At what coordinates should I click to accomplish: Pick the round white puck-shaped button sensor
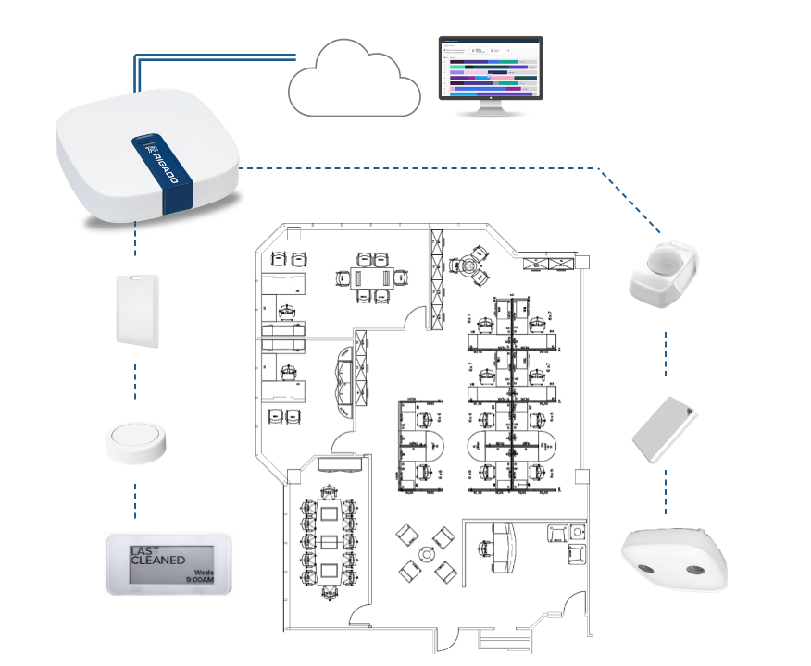coord(135,442)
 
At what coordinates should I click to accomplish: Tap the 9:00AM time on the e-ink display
coord(199,579)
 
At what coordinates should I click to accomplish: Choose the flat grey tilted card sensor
coord(664,428)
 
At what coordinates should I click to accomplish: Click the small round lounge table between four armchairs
coord(426,554)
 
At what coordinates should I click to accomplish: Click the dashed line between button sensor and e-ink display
coord(136,499)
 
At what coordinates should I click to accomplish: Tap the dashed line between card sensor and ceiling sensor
coord(666,490)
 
